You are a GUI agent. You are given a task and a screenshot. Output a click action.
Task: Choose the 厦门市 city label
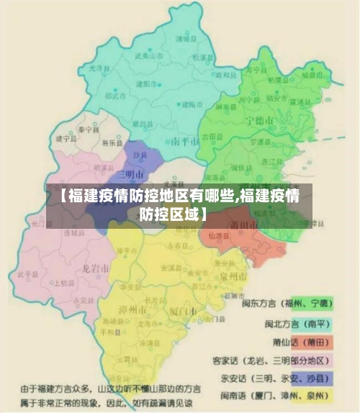183,311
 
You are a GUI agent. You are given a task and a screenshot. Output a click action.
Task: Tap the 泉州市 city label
234,276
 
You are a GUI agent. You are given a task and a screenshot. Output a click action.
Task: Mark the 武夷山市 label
148,55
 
